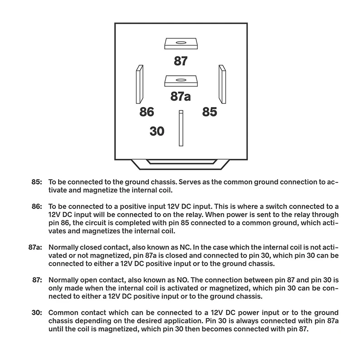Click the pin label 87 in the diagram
pos(181,61)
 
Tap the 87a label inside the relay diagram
pos(181,97)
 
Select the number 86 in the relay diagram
pos(147,112)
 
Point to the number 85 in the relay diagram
pos(209,112)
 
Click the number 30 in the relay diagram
pos(157,132)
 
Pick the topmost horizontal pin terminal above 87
pos(181,44)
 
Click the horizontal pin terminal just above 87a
pos(181,81)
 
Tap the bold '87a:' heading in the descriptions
pos(34,247)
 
